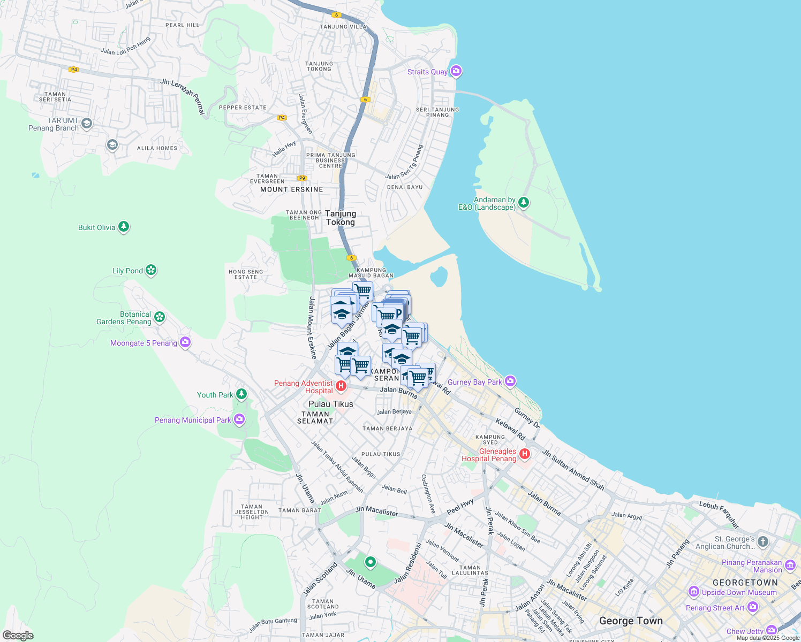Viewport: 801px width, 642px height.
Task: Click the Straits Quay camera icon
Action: pos(456,71)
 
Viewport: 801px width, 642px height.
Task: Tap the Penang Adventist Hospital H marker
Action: pos(341,386)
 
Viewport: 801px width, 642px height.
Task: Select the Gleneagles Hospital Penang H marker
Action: pos(524,454)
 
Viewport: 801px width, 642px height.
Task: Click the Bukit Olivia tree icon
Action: pos(124,227)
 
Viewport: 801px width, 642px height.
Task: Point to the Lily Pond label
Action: pos(127,271)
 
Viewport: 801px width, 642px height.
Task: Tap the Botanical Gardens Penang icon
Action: pos(159,317)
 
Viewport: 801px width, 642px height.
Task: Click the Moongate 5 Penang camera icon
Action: pos(185,342)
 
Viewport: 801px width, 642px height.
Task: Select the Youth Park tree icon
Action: pos(241,394)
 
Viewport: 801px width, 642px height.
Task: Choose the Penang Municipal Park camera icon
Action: pos(239,419)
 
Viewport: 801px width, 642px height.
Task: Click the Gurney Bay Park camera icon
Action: pos(510,381)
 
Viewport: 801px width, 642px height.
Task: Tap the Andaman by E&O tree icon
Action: pos(524,203)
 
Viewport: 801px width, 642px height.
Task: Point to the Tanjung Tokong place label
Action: pos(341,218)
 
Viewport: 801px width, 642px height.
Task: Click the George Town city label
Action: pos(631,621)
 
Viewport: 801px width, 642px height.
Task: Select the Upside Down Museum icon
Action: pos(694,592)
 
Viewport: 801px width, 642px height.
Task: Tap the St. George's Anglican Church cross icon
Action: pos(763,542)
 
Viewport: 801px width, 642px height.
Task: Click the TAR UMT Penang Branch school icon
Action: pos(87,124)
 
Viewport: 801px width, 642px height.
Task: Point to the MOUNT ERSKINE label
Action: pos(292,189)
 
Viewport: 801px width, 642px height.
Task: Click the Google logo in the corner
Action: pos(18,635)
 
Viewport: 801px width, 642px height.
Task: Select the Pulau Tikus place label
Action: pos(331,404)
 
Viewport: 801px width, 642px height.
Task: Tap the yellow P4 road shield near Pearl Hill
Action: pos(74,70)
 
